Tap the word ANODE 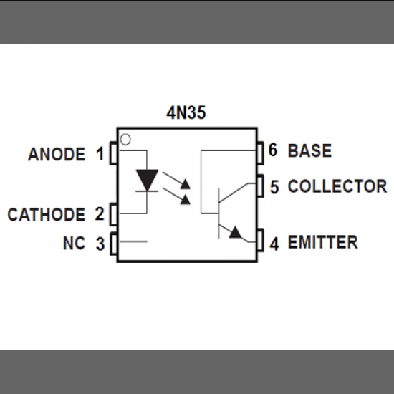(x=57, y=154)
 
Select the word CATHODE (x=46, y=214)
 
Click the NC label (x=73, y=244)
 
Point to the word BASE (x=309, y=150)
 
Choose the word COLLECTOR (x=337, y=186)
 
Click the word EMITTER (x=322, y=242)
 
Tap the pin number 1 (x=100, y=154)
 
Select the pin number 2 (x=100, y=214)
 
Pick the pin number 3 (x=100, y=244)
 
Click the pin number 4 (x=274, y=243)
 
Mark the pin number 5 (x=274, y=186)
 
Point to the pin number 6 (x=273, y=150)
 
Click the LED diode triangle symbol (x=148, y=179)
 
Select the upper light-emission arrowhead (x=186, y=183)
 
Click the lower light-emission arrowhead (x=186, y=199)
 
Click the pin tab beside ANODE (x=113, y=154)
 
